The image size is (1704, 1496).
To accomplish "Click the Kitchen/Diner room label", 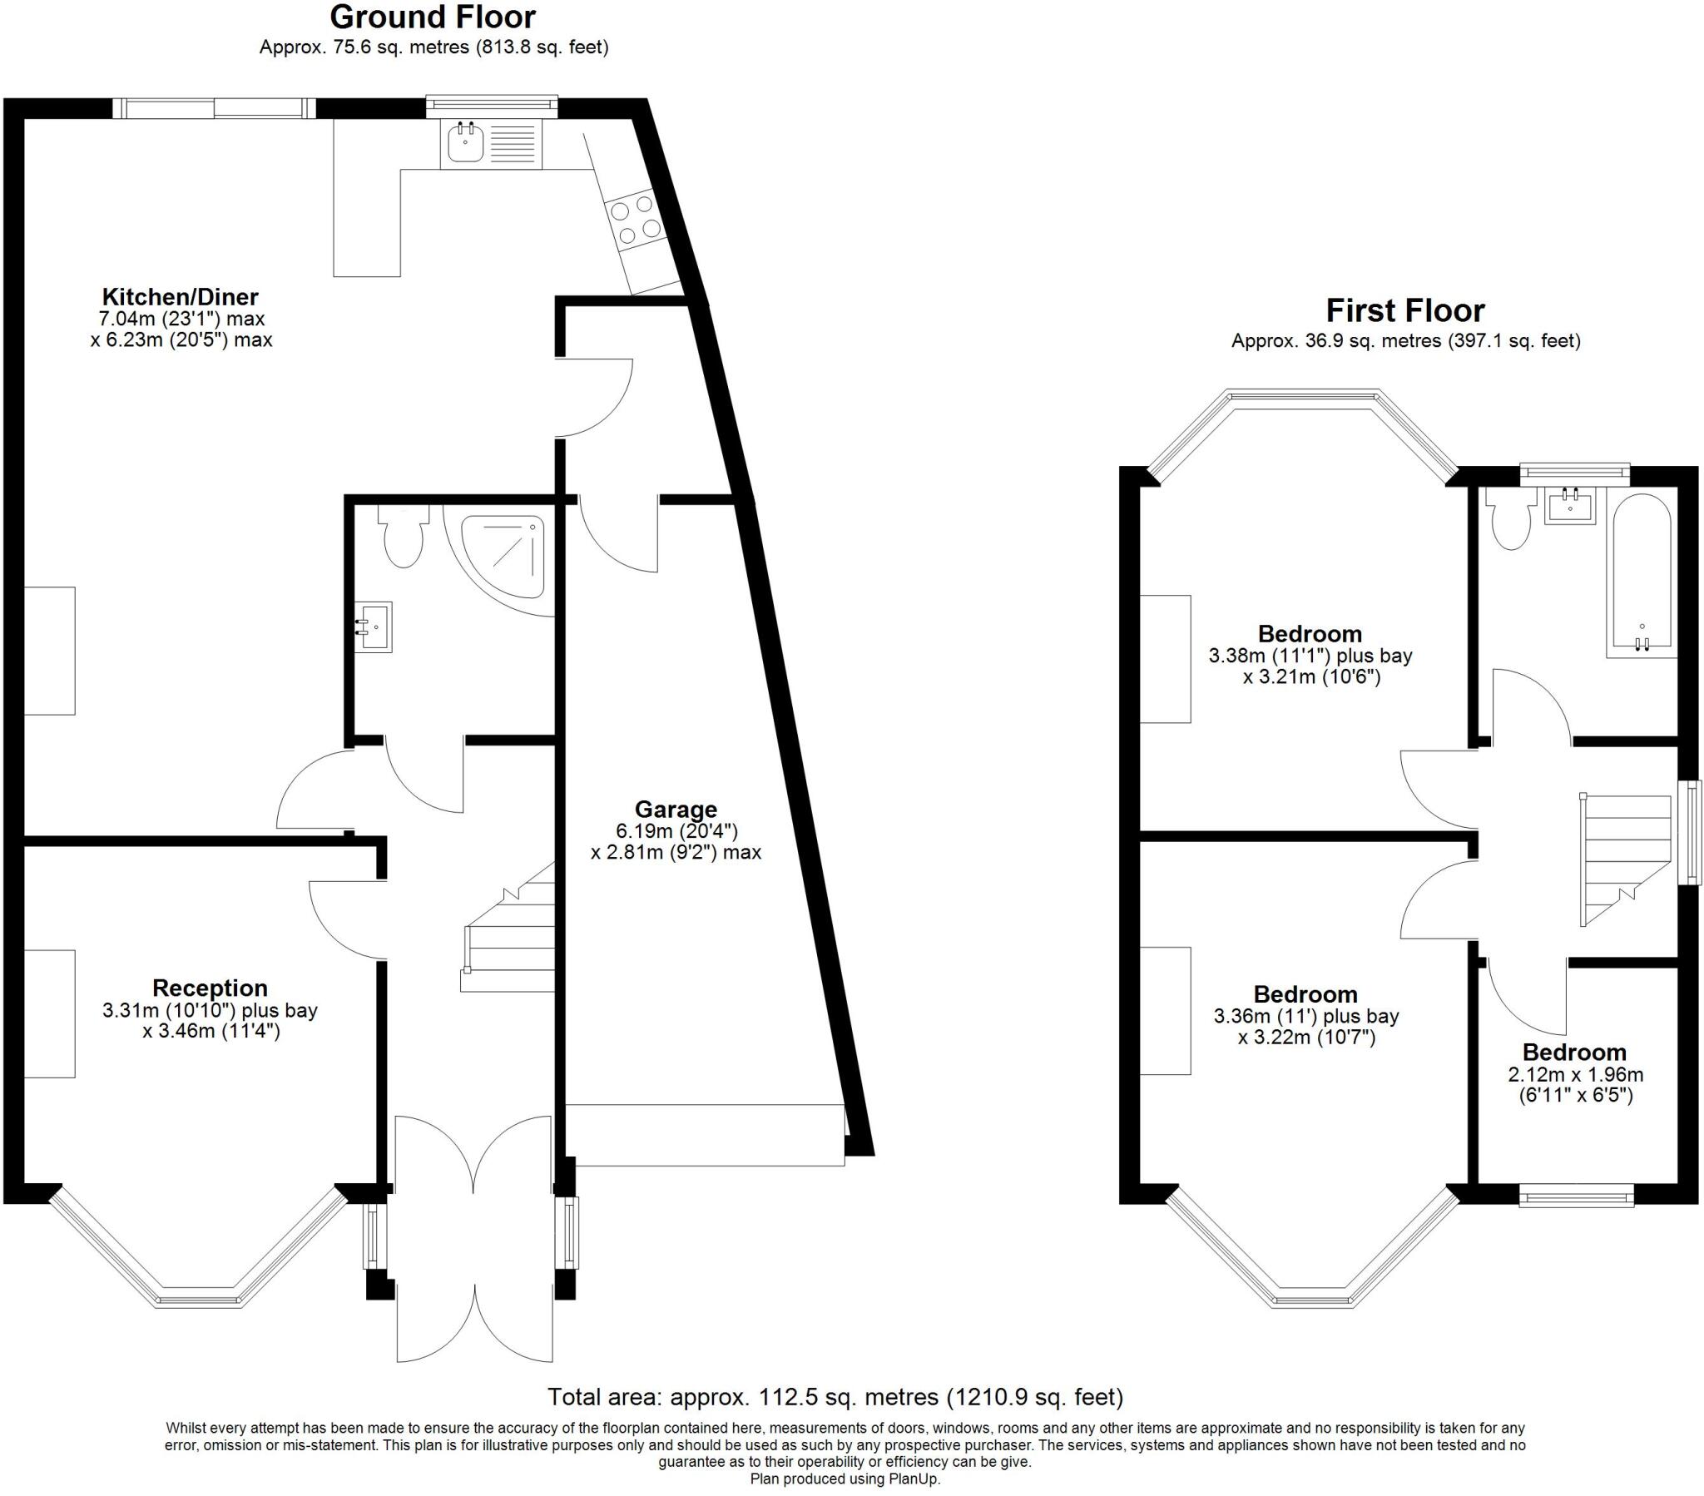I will (180, 297).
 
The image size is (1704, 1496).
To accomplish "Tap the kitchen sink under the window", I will (465, 143).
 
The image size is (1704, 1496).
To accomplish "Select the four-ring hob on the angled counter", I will (635, 220).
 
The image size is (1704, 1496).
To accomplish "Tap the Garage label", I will (676, 809).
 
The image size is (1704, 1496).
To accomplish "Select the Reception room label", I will (209, 988).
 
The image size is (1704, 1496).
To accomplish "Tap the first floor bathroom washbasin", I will (1570, 506).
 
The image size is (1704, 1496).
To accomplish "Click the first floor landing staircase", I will (1626, 859).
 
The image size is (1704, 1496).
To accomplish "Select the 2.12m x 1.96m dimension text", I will (1576, 1076).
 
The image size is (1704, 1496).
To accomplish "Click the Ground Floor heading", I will (433, 17).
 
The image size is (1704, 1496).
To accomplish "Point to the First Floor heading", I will (1404, 311).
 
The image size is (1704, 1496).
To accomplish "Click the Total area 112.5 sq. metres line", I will (835, 1397).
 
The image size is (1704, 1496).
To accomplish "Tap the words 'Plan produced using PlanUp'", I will (845, 1479).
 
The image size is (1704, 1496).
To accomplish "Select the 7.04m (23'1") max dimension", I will (181, 319).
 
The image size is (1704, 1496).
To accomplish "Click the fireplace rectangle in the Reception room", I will (49, 1013).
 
